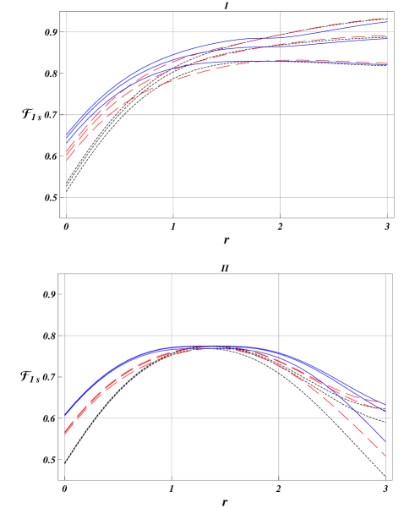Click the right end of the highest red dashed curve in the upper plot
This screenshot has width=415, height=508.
[x=387, y=18]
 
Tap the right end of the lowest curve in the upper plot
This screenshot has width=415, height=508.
[x=387, y=64]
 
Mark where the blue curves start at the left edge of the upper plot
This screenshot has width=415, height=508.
[x=67, y=135]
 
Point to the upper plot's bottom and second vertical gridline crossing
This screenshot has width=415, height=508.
[x=173, y=198]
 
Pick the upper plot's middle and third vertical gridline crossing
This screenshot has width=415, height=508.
[x=281, y=115]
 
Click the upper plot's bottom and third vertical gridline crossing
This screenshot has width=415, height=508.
[x=281, y=198]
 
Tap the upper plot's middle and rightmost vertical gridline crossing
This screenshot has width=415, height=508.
[x=387, y=115]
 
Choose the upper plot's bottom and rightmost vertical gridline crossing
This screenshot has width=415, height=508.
[x=387, y=198]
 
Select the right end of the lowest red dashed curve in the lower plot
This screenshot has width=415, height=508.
[x=385, y=456]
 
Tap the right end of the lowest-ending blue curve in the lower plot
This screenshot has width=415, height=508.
[x=385, y=442]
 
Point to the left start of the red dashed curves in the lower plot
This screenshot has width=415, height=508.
[x=65, y=434]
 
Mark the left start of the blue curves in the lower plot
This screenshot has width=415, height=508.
[x=65, y=415]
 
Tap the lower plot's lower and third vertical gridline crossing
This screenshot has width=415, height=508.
[x=279, y=418]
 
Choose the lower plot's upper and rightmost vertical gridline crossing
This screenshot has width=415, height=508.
[x=385, y=336]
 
